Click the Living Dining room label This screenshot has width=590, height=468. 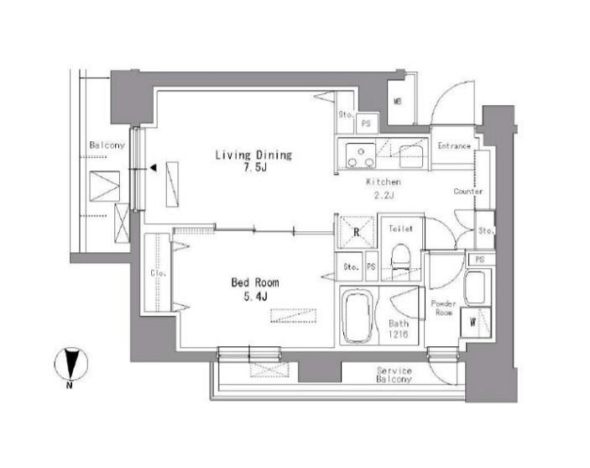[x=253, y=155]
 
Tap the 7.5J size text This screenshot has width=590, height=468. [x=255, y=167]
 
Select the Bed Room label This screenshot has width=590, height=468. [x=255, y=282]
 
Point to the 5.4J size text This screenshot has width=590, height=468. [x=255, y=297]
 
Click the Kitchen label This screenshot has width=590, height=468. [x=384, y=182]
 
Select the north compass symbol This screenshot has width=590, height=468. [x=70, y=365]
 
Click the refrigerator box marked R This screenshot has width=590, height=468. [x=357, y=231]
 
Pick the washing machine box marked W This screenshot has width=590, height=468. [x=476, y=322]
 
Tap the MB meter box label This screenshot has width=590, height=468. [x=398, y=102]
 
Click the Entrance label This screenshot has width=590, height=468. [x=454, y=146]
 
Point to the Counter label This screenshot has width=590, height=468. [x=468, y=192]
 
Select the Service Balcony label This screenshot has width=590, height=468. [x=394, y=375]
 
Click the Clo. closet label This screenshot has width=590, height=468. [x=159, y=273]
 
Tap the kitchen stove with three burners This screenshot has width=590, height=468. [x=361, y=155]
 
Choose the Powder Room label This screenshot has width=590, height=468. [x=444, y=308]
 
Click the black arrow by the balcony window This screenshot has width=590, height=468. [x=153, y=168]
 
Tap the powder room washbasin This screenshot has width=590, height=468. [x=475, y=287]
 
